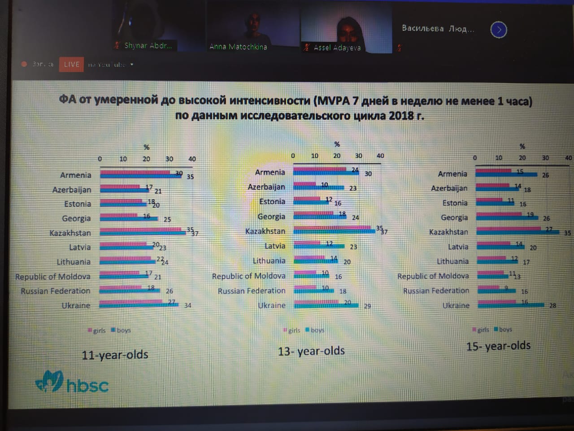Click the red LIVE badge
[71, 64]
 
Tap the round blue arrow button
[499, 30]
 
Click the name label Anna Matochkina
[238, 47]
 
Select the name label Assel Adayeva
[337, 48]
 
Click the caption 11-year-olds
[115, 355]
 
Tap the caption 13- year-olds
[311, 351]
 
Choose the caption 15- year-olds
[498, 346]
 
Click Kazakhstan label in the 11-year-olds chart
[70, 233]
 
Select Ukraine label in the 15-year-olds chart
[456, 305]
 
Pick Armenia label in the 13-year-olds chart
[270, 172]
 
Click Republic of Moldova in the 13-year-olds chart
[248, 276]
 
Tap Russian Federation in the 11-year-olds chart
[56, 291]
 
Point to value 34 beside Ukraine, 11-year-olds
[187, 305]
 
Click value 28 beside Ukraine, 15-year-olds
[552, 305]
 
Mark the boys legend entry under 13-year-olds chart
[317, 330]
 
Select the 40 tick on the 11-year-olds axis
[192, 159]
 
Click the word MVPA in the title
[333, 101]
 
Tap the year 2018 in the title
[401, 115]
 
